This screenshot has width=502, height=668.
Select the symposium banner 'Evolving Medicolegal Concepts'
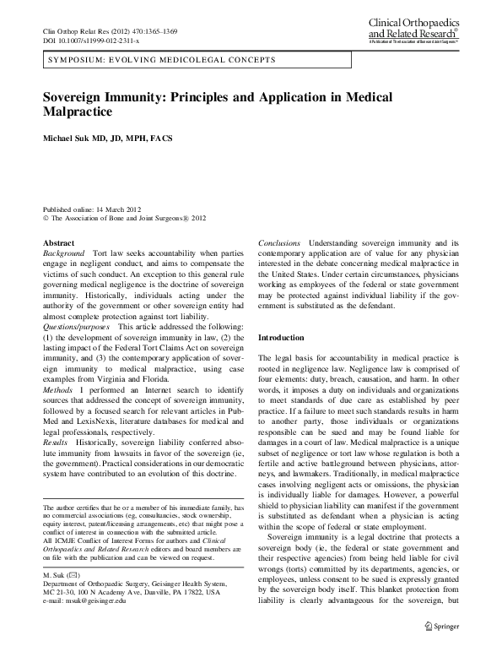[161, 62]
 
